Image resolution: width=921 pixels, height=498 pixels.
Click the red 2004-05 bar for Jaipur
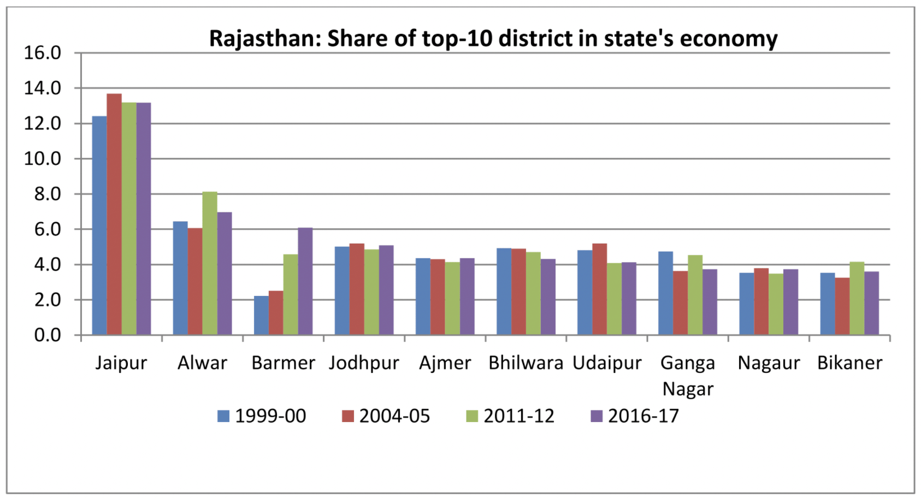pos(114,214)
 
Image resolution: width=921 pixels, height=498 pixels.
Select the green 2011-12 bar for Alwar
pos(210,263)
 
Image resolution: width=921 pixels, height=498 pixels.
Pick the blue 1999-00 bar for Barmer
pos(261,315)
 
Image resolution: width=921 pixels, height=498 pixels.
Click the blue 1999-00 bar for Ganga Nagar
pos(665,293)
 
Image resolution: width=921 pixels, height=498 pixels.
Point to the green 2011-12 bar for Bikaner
pos(857,298)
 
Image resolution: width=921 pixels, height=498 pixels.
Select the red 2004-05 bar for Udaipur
pos(599,289)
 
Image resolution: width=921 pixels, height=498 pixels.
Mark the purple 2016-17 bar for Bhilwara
pos(548,297)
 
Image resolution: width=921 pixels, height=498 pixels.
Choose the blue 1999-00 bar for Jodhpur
pos(342,290)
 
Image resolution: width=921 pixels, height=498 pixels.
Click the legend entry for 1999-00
pos(262,416)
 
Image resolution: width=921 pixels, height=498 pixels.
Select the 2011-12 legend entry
pos(510,416)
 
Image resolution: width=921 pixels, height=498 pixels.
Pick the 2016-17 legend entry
pos(635,416)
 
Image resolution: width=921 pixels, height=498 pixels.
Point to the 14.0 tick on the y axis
pos(42,88)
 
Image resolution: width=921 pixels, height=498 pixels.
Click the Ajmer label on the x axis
pos(445,363)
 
